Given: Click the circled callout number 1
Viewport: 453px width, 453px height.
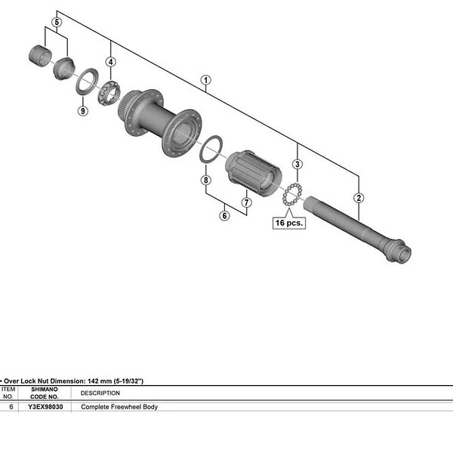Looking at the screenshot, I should [x=205, y=80].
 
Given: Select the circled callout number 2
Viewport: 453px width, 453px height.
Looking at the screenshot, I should [x=359, y=198].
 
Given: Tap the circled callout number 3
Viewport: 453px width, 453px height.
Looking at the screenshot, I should [x=297, y=164].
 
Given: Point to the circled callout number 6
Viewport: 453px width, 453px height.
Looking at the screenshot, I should [x=224, y=216].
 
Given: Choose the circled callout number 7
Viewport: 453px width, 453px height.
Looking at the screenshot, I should [x=246, y=202].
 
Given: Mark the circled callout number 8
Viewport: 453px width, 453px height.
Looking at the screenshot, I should [x=205, y=180].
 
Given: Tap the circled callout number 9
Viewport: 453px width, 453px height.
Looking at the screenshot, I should [x=83, y=111].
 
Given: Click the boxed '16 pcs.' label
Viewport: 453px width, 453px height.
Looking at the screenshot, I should [x=289, y=223].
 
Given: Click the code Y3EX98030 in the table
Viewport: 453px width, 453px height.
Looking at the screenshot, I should [x=46, y=407].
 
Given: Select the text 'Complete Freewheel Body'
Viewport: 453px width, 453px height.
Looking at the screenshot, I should [x=119, y=407].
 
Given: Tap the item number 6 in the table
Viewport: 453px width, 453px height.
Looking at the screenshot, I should [x=11, y=407].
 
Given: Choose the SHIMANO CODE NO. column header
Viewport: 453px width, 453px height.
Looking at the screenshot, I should [x=45, y=393].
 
